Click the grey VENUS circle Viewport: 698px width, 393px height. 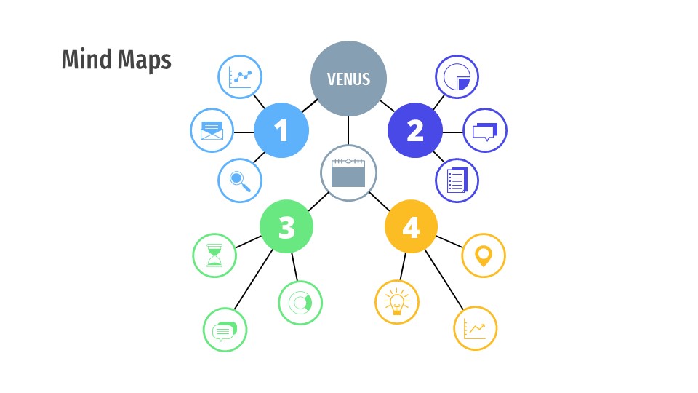(x=348, y=79)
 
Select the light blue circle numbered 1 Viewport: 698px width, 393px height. (x=281, y=131)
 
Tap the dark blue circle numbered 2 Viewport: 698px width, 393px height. (x=415, y=131)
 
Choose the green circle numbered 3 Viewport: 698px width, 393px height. (x=286, y=227)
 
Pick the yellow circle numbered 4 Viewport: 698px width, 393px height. (x=411, y=227)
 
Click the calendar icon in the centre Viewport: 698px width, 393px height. (x=348, y=173)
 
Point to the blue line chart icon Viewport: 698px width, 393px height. (x=240, y=76)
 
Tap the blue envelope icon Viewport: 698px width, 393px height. (x=212, y=131)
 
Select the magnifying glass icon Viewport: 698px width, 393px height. (x=240, y=180)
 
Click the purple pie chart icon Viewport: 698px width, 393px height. (x=457, y=76)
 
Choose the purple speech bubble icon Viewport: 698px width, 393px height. (x=485, y=131)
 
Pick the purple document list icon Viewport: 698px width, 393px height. (x=457, y=180)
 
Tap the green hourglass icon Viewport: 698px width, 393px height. (x=214, y=255)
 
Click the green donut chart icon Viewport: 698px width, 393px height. (x=300, y=302)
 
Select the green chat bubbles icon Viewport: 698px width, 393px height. (x=225, y=330)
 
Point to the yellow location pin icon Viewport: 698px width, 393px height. (x=484, y=255)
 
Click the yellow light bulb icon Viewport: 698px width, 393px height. (x=397, y=302)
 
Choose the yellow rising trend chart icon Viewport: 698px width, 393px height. (x=475, y=328)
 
